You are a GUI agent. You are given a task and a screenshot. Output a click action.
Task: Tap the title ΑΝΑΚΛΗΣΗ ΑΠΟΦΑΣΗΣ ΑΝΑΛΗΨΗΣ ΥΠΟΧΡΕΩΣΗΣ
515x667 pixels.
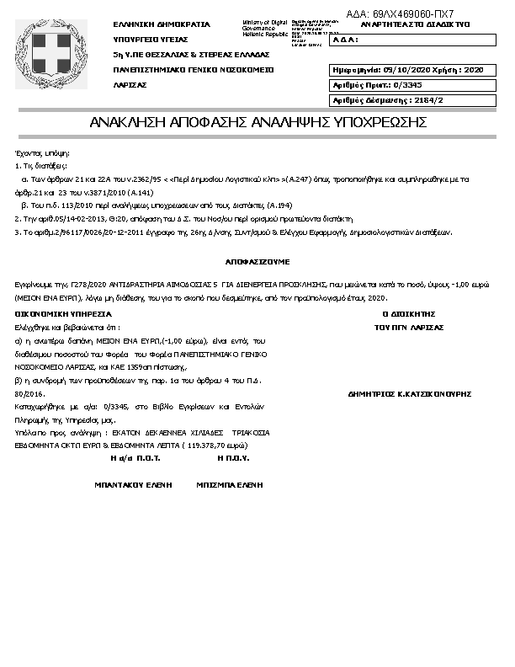click(257, 123)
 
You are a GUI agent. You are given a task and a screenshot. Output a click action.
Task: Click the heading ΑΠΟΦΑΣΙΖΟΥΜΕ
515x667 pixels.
click(257, 262)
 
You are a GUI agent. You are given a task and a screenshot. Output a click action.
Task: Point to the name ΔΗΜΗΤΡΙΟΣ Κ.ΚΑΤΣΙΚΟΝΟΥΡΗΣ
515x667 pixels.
click(408, 393)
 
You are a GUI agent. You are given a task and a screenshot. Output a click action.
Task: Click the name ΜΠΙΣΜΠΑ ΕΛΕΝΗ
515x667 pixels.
click(230, 485)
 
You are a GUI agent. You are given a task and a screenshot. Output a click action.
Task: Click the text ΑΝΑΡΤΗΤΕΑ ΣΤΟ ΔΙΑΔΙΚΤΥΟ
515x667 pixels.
click(403, 24)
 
